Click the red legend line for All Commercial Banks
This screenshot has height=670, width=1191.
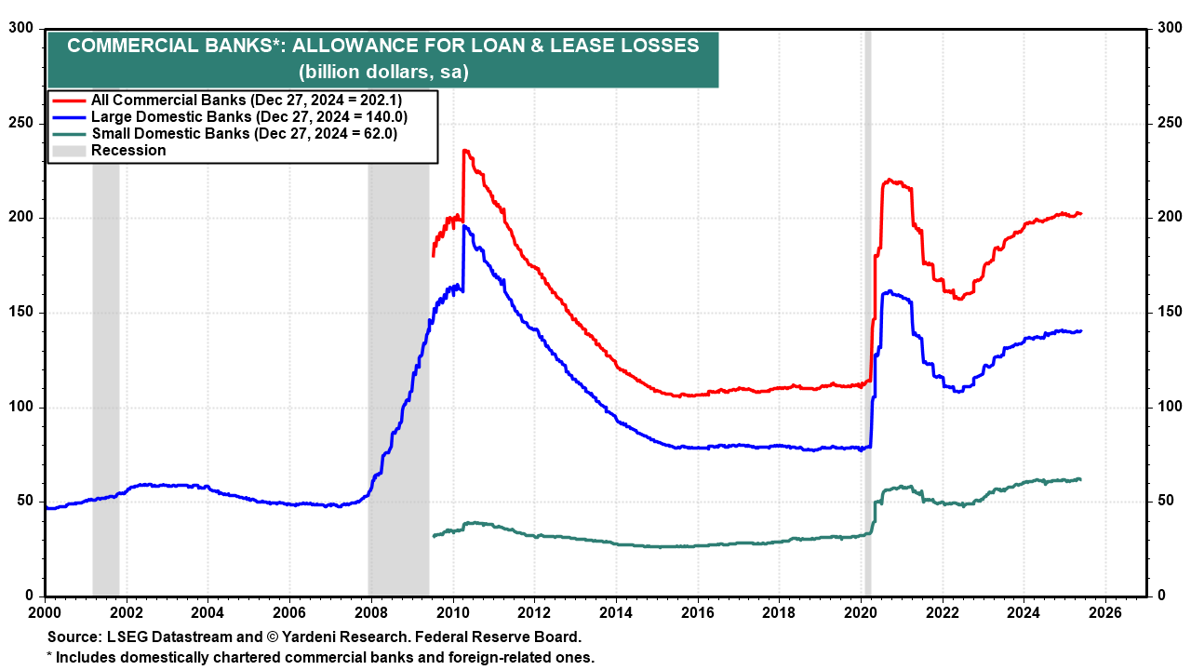(x=69, y=100)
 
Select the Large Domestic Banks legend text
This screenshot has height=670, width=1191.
(x=248, y=117)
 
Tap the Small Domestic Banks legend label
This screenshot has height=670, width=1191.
(x=244, y=134)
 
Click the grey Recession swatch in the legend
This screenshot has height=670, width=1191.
(x=69, y=151)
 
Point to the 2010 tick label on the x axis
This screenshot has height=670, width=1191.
(x=452, y=613)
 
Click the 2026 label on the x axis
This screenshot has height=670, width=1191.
(x=1104, y=613)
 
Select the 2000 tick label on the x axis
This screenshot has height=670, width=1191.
(x=45, y=613)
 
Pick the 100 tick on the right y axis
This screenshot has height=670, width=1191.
(x=1169, y=408)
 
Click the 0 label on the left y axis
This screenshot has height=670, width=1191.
(x=30, y=596)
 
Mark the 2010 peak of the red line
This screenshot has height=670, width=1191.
(x=464, y=150)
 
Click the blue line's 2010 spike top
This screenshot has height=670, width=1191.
(x=464, y=226)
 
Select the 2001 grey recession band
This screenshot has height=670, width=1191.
(x=105, y=372)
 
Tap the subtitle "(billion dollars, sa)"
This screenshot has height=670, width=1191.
(x=382, y=72)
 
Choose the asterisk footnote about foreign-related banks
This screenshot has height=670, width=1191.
(x=320, y=657)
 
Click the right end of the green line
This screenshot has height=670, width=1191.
(x=1080, y=479)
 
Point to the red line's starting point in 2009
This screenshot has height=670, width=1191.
(x=433, y=256)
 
